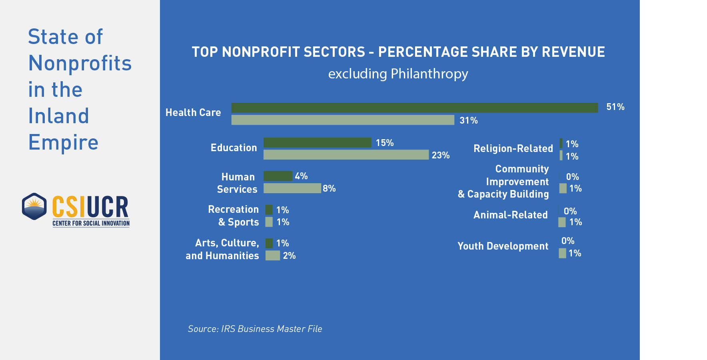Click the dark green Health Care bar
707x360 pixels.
(414, 108)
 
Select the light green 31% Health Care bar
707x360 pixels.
(343, 120)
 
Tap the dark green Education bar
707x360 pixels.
(318, 142)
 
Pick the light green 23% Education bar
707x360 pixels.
(346, 155)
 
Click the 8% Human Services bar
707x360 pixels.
(292, 188)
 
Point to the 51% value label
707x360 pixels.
(615, 107)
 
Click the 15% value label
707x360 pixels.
(385, 143)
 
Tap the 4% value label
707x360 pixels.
(301, 176)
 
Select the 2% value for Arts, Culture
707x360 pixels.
(289, 256)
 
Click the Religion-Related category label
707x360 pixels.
(513, 148)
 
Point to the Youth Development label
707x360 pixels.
(503, 246)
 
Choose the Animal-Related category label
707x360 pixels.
(510, 215)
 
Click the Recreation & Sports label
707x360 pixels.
(234, 216)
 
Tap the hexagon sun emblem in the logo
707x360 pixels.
(34, 206)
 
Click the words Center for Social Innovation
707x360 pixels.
(91, 223)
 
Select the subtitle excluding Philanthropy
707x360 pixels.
(398, 74)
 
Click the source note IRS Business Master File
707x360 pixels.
(255, 329)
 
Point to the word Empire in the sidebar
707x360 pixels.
(63, 142)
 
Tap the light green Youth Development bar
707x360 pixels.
(562, 253)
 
